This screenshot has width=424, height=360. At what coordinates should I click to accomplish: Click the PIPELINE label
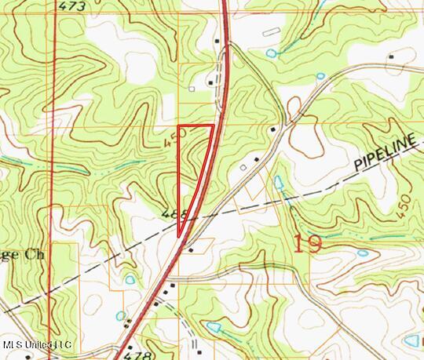pos(384,153)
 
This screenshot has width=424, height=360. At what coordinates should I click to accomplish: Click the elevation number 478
pos(137,355)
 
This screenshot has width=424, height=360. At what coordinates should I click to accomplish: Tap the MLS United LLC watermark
pos(37,345)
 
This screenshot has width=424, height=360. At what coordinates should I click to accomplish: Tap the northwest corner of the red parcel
pos(178,125)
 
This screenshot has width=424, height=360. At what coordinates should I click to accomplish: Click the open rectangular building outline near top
pos(271,31)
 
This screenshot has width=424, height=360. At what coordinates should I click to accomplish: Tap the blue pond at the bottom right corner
pos(411,341)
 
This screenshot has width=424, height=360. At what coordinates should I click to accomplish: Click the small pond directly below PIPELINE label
pos(362,253)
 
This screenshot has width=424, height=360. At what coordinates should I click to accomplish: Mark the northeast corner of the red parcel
pos(214,125)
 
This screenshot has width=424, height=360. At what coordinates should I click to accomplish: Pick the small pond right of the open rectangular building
pos(272,53)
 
